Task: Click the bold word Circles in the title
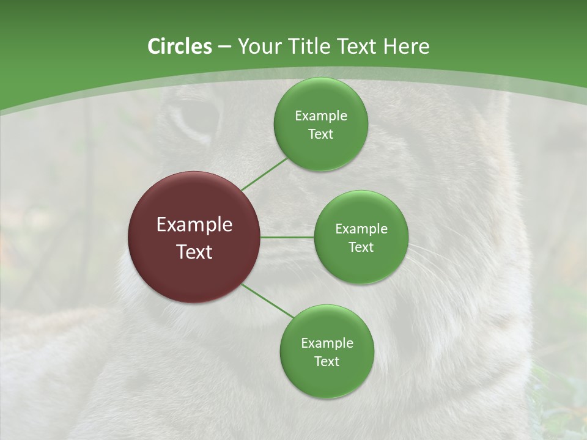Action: pyautogui.click(x=179, y=46)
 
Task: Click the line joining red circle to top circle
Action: pyautogui.click(x=264, y=174)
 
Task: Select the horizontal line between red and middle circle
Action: pyautogui.click(x=287, y=237)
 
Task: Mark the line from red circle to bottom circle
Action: pyautogui.click(x=268, y=300)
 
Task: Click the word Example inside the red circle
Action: pyautogui.click(x=194, y=225)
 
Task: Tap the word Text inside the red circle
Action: pyautogui.click(x=194, y=252)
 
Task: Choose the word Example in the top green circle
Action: pyautogui.click(x=321, y=116)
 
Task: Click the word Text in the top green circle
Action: pyautogui.click(x=320, y=134)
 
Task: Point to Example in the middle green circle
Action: pyautogui.click(x=361, y=229)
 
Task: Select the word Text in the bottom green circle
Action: pyautogui.click(x=327, y=361)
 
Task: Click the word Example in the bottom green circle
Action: pyautogui.click(x=327, y=343)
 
